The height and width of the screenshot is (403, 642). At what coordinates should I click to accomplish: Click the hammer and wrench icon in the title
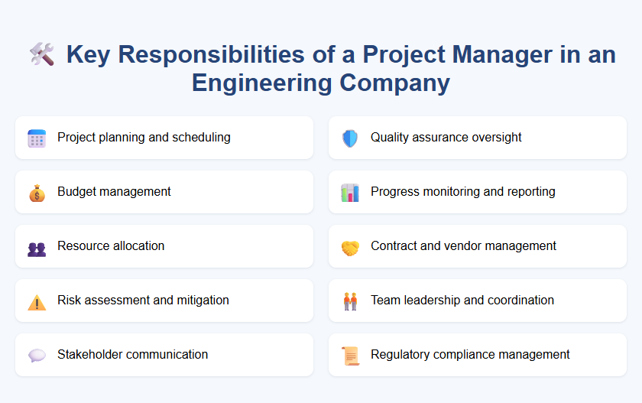(x=41, y=54)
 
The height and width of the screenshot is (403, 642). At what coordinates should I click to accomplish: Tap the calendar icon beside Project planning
(x=37, y=138)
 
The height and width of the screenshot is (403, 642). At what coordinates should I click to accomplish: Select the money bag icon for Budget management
(x=37, y=193)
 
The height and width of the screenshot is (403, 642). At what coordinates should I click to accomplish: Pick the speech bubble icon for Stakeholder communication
(x=37, y=356)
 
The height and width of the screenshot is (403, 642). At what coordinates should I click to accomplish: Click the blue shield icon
(x=350, y=138)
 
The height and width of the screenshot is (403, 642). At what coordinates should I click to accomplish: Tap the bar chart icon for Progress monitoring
(x=350, y=193)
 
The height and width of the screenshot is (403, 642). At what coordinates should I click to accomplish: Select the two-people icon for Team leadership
(x=350, y=301)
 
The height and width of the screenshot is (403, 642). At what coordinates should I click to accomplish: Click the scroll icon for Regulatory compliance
(x=350, y=356)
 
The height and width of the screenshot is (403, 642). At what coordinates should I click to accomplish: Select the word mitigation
(x=201, y=300)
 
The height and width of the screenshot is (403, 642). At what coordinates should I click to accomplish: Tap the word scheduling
(x=202, y=138)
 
